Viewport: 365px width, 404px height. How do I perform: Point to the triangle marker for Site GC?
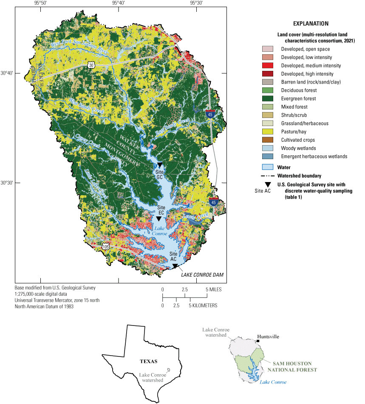160,165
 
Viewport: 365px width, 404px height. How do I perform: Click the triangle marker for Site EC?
158,219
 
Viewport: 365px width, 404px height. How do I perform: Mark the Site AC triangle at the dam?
174,266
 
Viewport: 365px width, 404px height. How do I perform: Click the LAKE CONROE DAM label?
202,275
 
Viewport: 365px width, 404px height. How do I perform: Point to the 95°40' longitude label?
119,3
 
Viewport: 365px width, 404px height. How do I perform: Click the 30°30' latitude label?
7,183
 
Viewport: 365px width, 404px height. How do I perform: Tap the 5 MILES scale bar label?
214,289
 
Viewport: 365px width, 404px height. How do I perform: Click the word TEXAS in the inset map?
149,362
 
